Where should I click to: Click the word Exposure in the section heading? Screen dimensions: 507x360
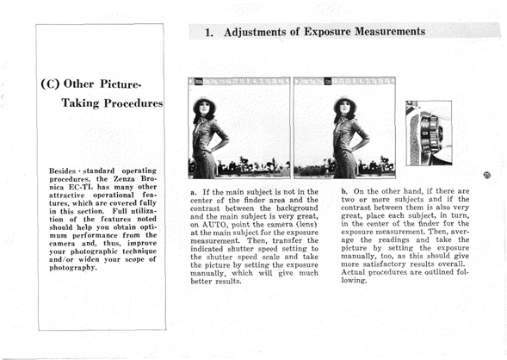[327, 32]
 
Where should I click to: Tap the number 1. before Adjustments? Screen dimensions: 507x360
[209, 33]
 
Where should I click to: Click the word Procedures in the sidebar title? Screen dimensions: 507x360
[133, 103]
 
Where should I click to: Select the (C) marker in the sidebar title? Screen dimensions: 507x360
[50, 84]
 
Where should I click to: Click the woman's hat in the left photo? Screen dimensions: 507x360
[204, 103]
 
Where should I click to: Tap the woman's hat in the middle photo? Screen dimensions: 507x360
[344, 103]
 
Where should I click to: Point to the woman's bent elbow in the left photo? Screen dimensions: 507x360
[226, 140]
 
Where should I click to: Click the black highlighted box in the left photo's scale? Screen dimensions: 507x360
[199, 82]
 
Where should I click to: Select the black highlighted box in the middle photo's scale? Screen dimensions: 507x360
[328, 82]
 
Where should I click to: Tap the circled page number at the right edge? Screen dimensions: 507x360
[486, 176]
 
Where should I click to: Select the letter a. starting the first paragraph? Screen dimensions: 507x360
[194, 192]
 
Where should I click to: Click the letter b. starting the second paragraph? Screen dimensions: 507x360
[344, 191]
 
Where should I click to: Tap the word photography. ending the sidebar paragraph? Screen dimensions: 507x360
[73, 268]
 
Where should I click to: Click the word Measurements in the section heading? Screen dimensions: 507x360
[390, 31]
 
